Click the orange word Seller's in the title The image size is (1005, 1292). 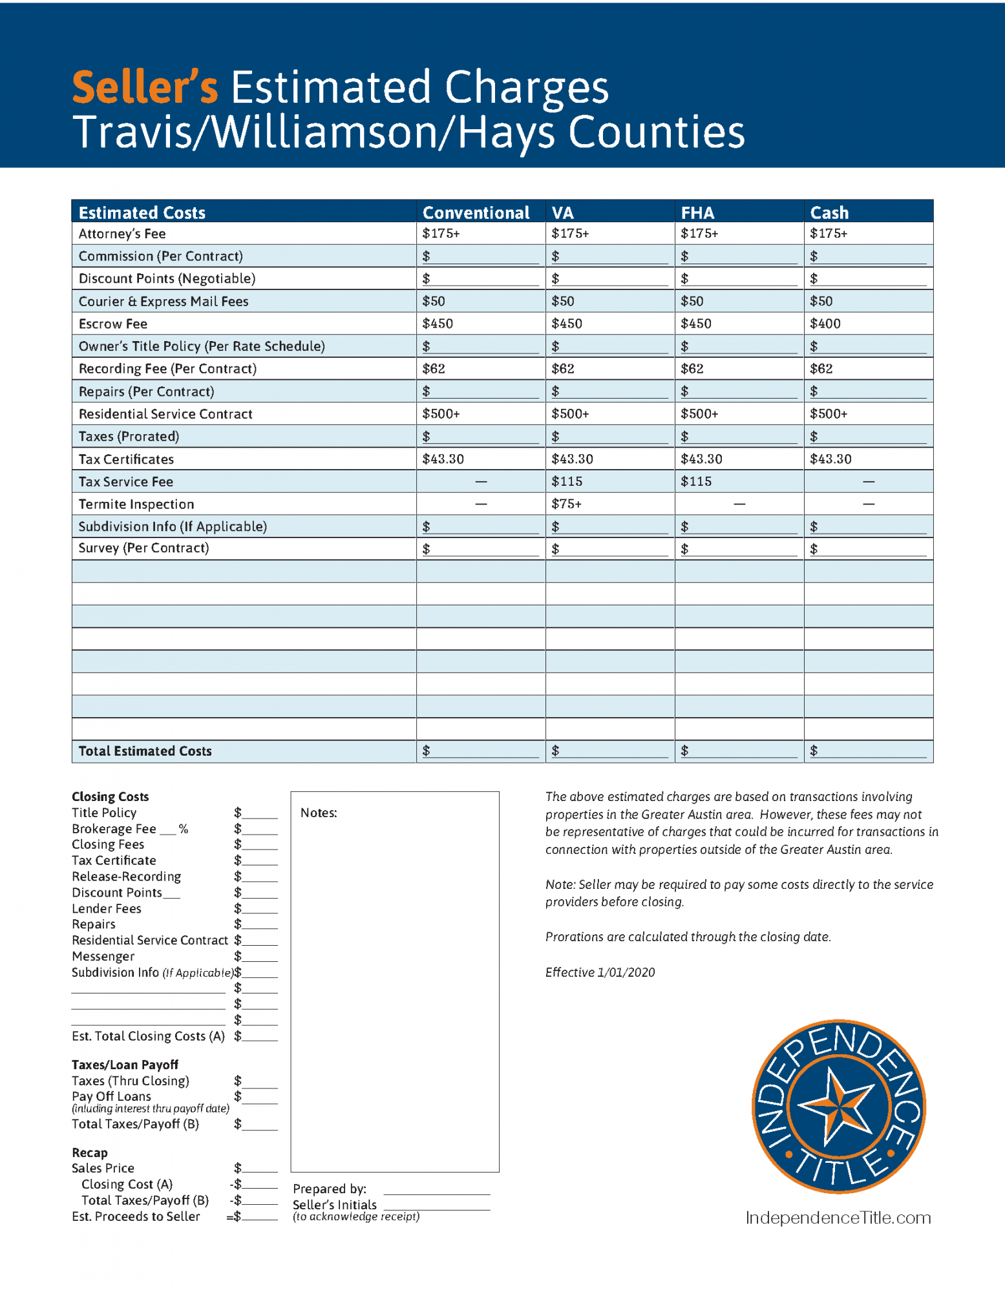coord(145,87)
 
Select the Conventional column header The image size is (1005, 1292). coord(476,213)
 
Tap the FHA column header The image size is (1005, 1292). coord(697,213)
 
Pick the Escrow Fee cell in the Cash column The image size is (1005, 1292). coord(825,324)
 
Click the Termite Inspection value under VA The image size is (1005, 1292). coord(567,504)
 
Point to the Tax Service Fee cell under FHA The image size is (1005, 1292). coord(696,481)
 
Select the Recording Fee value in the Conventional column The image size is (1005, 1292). coord(434,369)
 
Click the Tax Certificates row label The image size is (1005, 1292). coord(126,459)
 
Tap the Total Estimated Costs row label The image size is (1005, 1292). coord(145,751)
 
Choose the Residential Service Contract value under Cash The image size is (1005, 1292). coord(829,414)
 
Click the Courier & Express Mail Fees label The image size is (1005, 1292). coord(164,301)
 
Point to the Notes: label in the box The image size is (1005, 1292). coord(319,813)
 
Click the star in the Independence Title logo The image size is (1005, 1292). coord(839,1106)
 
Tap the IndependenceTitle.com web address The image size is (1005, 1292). coord(838,1218)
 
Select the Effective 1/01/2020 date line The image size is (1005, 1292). coord(600,972)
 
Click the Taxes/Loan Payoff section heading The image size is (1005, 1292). coord(125,1065)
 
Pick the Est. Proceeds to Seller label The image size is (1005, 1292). coord(136,1216)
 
